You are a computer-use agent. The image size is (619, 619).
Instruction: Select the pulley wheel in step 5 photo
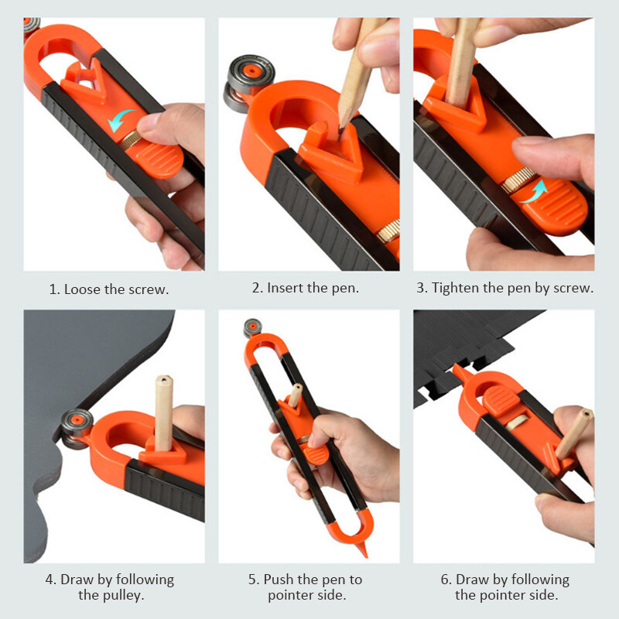251,327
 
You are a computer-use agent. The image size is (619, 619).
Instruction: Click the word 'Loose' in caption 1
83,289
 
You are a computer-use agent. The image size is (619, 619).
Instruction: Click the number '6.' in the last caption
446,580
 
